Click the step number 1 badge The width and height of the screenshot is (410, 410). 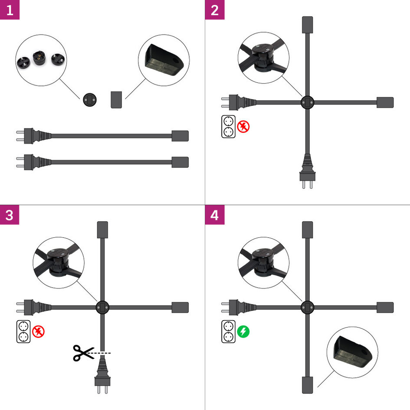[10, 10]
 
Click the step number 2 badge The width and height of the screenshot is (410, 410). [214, 10]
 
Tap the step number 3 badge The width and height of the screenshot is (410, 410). [10, 214]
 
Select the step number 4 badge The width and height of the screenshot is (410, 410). [214, 214]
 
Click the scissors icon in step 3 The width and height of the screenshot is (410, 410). [81, 353]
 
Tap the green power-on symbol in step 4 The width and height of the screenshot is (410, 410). [243, 332]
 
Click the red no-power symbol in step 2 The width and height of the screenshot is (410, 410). [243, 127]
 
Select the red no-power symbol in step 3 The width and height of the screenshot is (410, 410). [39, 332]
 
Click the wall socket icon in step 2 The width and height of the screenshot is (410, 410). [228, 127]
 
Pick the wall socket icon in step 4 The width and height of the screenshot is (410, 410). [228, 331]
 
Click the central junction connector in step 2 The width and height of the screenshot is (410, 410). [307, 102]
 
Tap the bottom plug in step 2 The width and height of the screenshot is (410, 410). [307, 171]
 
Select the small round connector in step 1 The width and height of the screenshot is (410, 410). [90, 99]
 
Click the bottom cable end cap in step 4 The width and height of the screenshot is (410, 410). [307, 385]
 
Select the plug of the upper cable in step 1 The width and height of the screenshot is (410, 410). [28, 135]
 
